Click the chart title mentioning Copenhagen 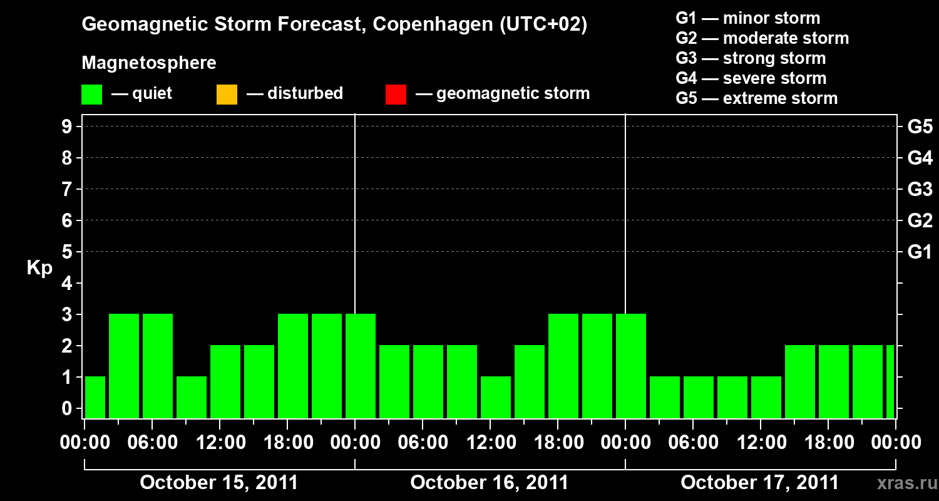click(x=334, y=25)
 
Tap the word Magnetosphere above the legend click(x=149, y=63)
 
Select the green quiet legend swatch click(x=91, y=95)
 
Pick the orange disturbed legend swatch click(x=227, y=95)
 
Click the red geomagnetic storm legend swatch click(x=396, y=95)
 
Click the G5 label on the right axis click(x=920, y=127)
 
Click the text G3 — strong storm click(x=751, y=58)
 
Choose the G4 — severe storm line click(x=751, y=78)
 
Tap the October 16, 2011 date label click(x=490, y=483)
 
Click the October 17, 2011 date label click(x=759, y=483)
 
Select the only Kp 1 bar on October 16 click(x=496, y=397)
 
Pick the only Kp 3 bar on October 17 click(x=631, y=366)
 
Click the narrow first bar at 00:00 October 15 click(x=95, y=397)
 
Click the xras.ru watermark click(x=904, y=483)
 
